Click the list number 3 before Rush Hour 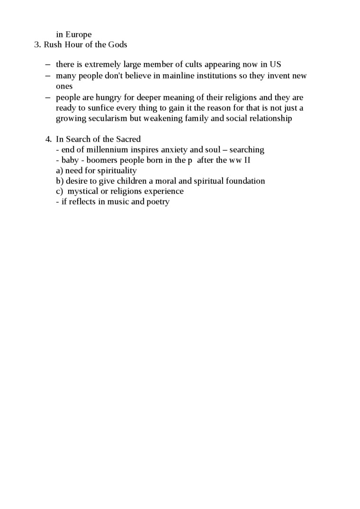point(36,45)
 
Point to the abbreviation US point(276,64)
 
